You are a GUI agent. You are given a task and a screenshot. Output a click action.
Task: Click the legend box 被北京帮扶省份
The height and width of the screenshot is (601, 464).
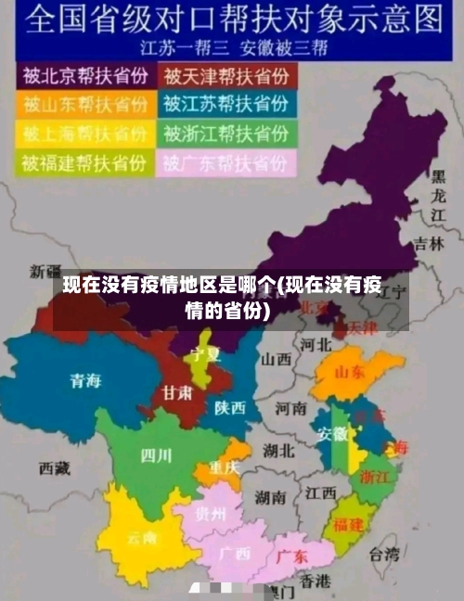(86, 74)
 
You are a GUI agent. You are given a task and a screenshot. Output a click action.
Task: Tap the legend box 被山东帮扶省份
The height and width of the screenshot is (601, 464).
(86, 103)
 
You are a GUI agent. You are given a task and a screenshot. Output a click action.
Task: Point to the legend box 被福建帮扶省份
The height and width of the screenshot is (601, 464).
(86, 163)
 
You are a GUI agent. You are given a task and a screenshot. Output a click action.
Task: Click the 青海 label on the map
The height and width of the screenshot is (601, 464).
(85, 379)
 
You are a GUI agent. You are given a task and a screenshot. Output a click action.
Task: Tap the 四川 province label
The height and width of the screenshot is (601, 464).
(155, 454)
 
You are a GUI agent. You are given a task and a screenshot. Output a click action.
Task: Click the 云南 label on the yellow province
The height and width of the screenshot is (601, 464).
(142, 537)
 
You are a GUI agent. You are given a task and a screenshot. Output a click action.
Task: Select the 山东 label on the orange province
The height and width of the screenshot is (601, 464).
(349, 373)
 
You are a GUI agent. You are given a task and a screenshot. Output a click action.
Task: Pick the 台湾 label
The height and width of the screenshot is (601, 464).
(383, 556)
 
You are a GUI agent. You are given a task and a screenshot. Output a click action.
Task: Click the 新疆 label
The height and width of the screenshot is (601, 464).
(45, 272)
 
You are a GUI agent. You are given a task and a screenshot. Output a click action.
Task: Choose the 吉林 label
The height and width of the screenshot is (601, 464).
(429, 244)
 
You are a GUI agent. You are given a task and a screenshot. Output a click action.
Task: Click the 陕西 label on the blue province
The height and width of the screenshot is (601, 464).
(230, 407)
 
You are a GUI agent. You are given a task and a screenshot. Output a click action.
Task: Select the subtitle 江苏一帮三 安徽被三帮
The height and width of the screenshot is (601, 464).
(237, 45)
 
